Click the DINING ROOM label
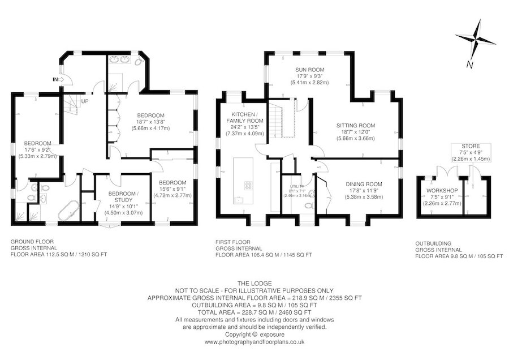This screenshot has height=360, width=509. pos(364,184)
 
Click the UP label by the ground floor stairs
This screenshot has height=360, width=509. pos(84,101)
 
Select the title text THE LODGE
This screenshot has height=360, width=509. pos(255,284)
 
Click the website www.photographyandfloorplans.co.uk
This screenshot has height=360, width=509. pos(255,342)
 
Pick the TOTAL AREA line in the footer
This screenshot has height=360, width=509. pos(255,312)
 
